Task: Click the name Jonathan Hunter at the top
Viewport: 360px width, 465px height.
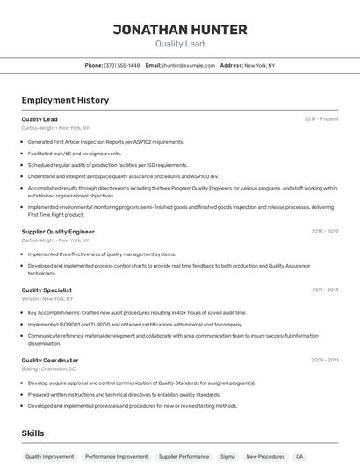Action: click(179, 30)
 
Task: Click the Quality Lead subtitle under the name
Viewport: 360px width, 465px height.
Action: click(179, 44)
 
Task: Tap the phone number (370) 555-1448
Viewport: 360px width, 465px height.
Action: click(122, 65)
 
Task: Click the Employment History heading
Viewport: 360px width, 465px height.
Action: click(65, 100)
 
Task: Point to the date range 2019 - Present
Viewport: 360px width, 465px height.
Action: click(321, 119)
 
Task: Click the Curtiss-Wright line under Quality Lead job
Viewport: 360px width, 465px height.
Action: click(55, 128)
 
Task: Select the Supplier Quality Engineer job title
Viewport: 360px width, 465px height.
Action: click(58, 232)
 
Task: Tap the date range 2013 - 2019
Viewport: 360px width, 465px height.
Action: click(324, 232)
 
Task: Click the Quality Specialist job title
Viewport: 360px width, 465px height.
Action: click(47, 290)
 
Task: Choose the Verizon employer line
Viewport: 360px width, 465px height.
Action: click(47, 299)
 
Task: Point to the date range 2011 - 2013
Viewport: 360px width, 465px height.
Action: click(325, 290)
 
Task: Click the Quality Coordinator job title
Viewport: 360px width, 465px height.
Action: click(50, 361)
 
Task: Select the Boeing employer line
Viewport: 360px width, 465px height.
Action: click(48, 369)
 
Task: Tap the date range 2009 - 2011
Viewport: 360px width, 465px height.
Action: click(324, 361)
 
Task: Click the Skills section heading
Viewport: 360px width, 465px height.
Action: click(32, 433)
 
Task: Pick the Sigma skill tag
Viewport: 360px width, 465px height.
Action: click(227, 457)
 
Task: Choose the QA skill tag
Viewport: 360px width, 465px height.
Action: click(299, 457)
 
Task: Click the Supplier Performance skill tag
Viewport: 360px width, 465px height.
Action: click(184, 457)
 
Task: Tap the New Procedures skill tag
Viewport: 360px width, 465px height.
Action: click(265, 457)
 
